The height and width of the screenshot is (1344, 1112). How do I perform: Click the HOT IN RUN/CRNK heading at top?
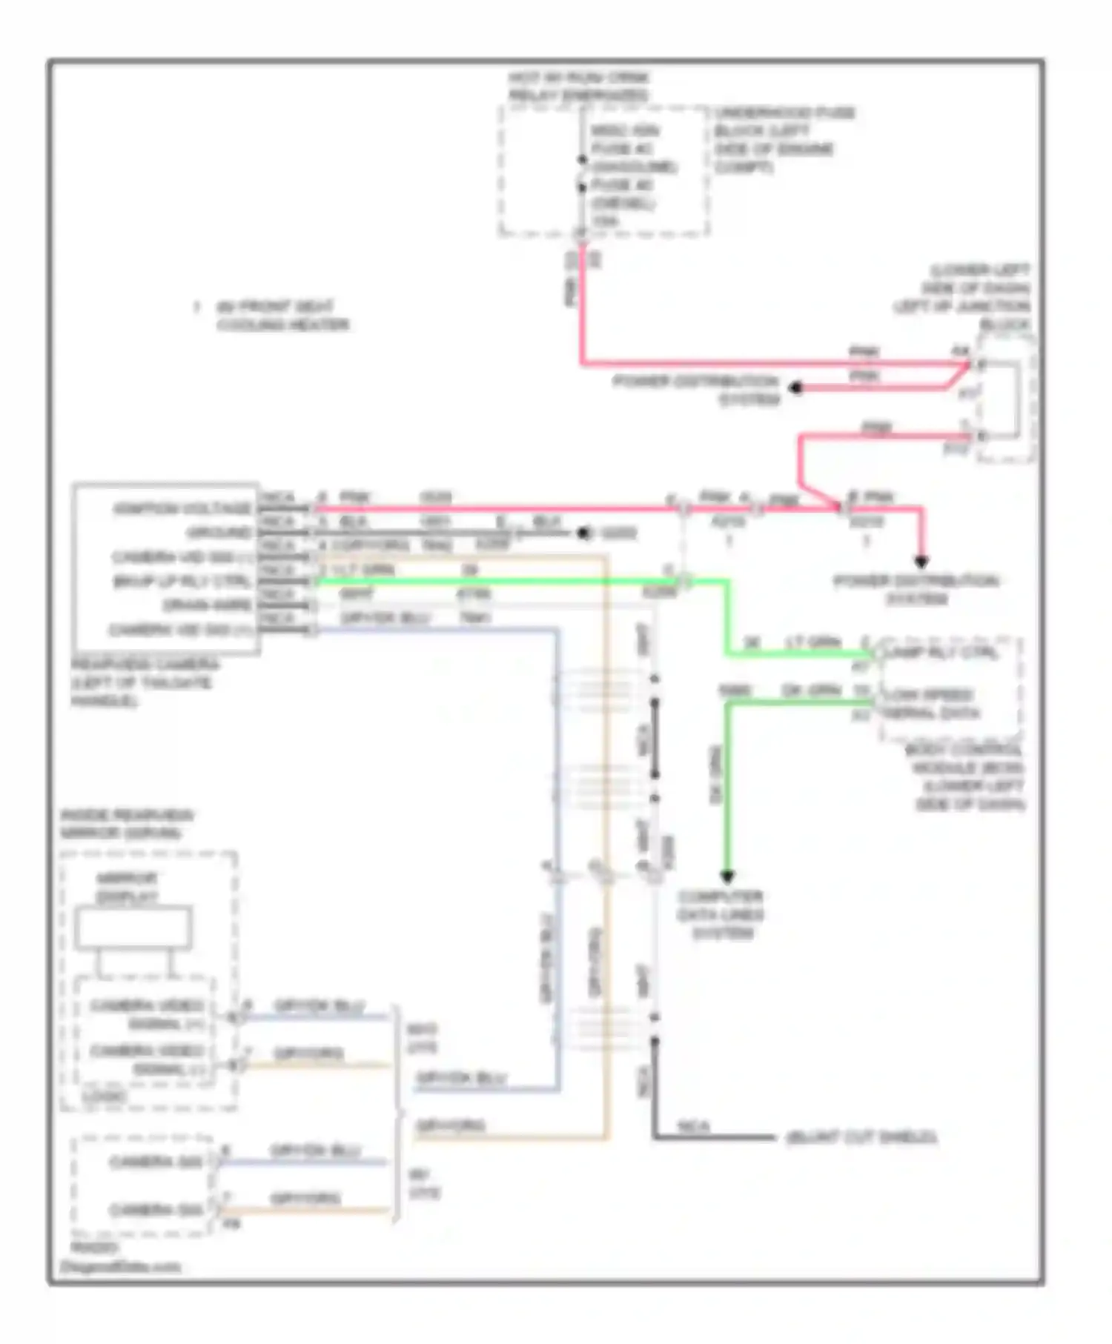pyautogui.click(x=579, y=86)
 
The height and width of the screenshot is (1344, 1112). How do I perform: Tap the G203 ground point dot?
pyautogui.click(x=585, y=533)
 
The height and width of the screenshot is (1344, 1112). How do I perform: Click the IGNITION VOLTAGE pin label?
pyautogui.click(x=182, y=508)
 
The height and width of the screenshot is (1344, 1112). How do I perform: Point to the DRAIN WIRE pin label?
pyautogui.click(x=207, y=605)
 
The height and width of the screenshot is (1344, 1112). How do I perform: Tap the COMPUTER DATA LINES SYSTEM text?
pyautogui.click(x=721, y=914)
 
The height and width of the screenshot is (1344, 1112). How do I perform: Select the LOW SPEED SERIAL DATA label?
pyautogui.click(x=931, y=704)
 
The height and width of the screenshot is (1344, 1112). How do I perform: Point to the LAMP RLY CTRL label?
pyautogui.click(x=941, y=653)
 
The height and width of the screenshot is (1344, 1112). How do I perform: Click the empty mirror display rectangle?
pyautogui.click(x=133, y=928)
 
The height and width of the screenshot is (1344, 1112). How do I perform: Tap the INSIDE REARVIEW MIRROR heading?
pyautogui.click(x=126, y=823)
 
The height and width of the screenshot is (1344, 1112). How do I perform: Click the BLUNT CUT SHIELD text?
pyautogui.click(x=861, y=1137)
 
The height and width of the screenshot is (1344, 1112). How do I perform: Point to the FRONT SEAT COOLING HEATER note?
pyautogui.click(x=282, y=316)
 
